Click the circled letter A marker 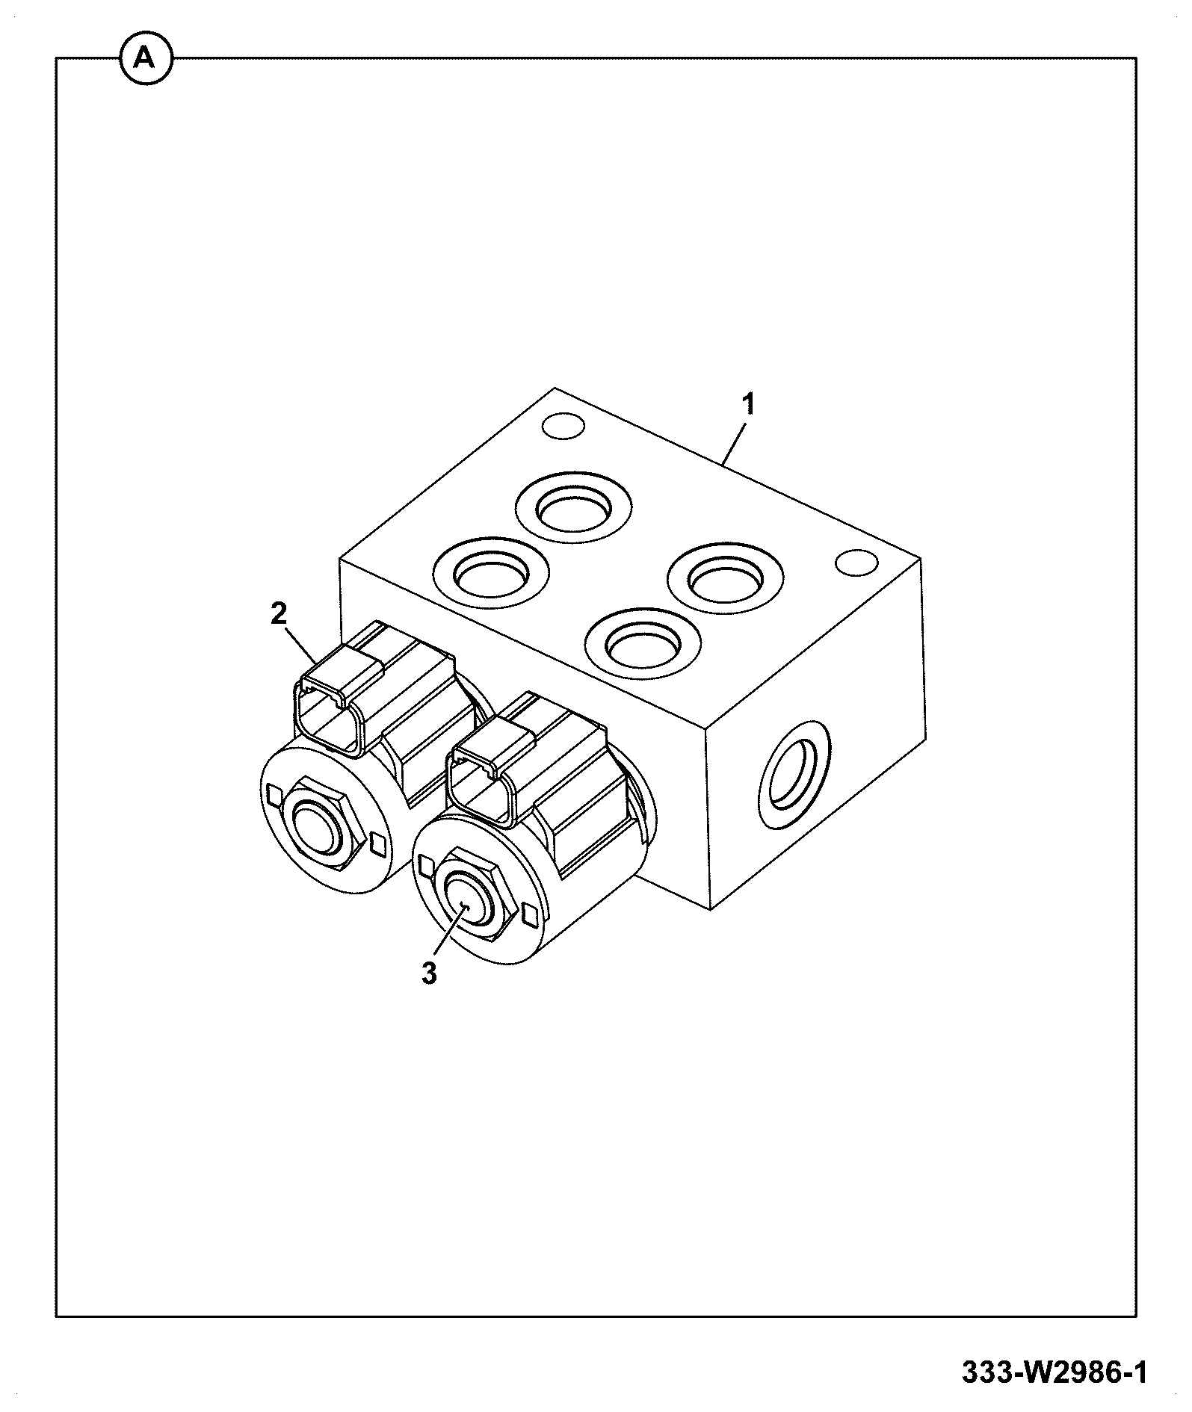point(145,58)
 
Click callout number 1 point(748,405)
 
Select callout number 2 point(278,615)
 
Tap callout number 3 point(429,973)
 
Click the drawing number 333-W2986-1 point(1054,1372)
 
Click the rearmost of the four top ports point(573,507)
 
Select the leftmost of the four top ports point(492,572)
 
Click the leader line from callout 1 point(734,445)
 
